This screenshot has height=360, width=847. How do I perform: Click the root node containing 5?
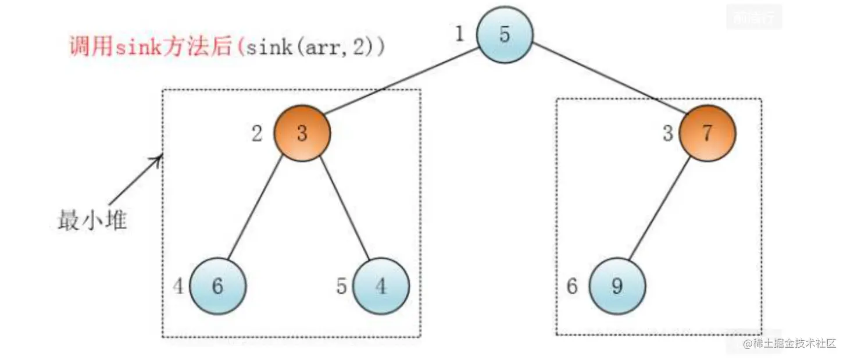coord(504,34)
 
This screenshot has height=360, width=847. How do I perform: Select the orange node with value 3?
coord(302,133)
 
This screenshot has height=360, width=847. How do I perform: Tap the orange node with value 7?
coord(707,133)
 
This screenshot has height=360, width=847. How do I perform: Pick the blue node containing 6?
coord(217,286)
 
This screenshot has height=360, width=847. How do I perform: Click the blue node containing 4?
coord(381,286)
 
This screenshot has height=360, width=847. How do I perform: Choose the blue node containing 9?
coord(617,286)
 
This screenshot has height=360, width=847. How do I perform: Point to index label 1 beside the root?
coord(459,34)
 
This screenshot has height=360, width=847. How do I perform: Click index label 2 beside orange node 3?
coord(256,134)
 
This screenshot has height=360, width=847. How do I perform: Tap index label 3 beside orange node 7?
coord(667,134)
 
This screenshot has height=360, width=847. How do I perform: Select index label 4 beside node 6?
coord(179,286)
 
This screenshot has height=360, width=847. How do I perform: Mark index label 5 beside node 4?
coord(342,286)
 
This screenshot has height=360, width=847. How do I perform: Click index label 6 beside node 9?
coord(572,286)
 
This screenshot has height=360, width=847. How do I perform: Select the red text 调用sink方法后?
coord(151,47)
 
